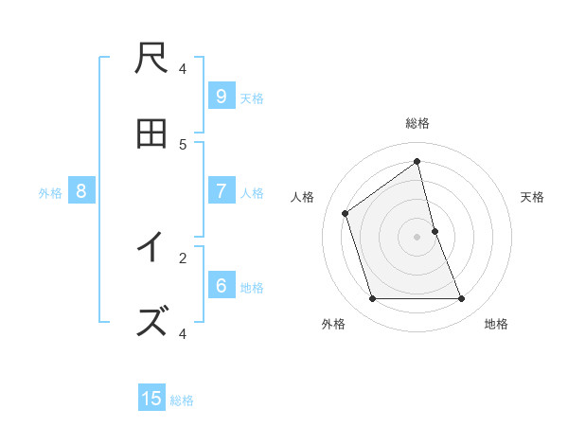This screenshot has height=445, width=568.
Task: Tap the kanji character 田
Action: pyautogui.click(x=152, y=134)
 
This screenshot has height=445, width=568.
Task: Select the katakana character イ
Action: pyautogui.click(x=152, y=247)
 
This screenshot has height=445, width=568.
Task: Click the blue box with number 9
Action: pyautogui.click(x=221, y=96)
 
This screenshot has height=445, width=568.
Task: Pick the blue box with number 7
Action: pyautogui.click(x=221, y=190)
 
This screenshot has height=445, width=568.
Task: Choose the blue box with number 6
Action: pyautogui.click(x=221, y=285)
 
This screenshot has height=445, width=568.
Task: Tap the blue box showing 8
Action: pyautogui.click(x=81, y=190)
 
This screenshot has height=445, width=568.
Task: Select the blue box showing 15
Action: pyautogui.click(x=151, y=399)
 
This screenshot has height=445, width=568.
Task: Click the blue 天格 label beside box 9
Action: pyautogui.click(x=252, y=98)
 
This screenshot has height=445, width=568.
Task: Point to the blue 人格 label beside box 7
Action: pyautogui.click(x=252, y=193)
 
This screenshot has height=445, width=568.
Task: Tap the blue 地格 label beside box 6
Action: pyautogui.click(x=252, y=288)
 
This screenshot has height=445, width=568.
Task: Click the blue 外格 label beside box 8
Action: pyautogui.click(x=50, y=193)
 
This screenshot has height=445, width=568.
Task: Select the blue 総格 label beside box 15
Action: pyautogui.click(x=182, y=400)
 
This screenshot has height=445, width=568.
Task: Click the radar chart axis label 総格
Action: pyautogui.click(x=417, y=123)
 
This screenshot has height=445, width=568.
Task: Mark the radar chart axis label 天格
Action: pyautogui.click(x=532, y=197)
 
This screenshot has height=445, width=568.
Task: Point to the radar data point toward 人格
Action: pyautogui.click(x=346, y=213)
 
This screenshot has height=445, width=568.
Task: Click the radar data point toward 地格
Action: pyautogui.click(x=462, y=299)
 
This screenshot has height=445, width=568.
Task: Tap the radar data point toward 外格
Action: pyautogui.click(x=372, y=299)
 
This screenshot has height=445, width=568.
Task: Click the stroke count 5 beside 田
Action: pyautogui.click(x=183, y=144)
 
